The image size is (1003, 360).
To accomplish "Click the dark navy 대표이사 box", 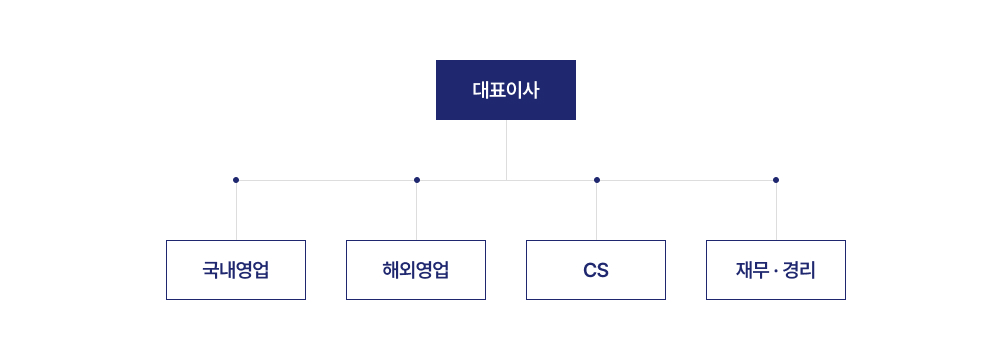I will [505, 90].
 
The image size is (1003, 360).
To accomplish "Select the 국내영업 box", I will [236, 270].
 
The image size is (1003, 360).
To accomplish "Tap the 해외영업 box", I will [416, 270].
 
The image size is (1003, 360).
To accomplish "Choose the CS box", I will [596, 270].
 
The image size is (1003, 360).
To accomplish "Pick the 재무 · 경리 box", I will [776, 270].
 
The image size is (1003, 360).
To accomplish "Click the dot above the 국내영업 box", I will [236, 180].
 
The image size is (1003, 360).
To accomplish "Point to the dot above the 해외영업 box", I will [417, 180].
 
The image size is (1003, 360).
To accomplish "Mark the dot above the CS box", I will [597, 180].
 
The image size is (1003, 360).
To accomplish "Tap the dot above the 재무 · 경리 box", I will [776, 180].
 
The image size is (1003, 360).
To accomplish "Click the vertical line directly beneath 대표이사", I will [506, 150].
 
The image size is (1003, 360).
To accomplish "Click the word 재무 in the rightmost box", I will [750, 270].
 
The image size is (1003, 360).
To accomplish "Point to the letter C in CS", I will [589, 271].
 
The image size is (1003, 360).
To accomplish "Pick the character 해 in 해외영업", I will [390, 270].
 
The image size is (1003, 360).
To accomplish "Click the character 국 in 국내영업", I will [210, 270].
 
